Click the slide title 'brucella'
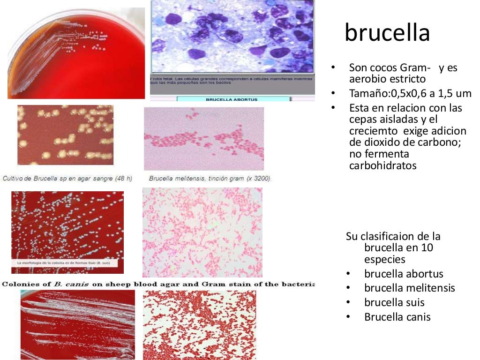pyautogui.click(x=387, y=33)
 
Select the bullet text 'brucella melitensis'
pyautogui.click(x=409, y=288)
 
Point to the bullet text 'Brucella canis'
pyautogui.click(x=397, y=317)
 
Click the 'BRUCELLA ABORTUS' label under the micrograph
pyautogui.click(x=232, y=99)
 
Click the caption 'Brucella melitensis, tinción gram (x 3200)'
pyautogui.click(x=210, y=179)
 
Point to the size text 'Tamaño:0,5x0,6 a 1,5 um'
pyautogui.click(x=410, y=93)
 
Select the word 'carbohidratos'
pyautogui.click(x=382, y=165)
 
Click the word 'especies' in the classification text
pyautogui.click(x=384, y=259)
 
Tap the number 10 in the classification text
pyautogui.click(x=427, y=247)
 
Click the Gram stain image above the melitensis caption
pyautogui.click(x=203, y=139)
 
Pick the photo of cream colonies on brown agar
pyautogui.click(x=65, y=135)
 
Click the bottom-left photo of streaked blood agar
pyautogui.click(x=77, y=324)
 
